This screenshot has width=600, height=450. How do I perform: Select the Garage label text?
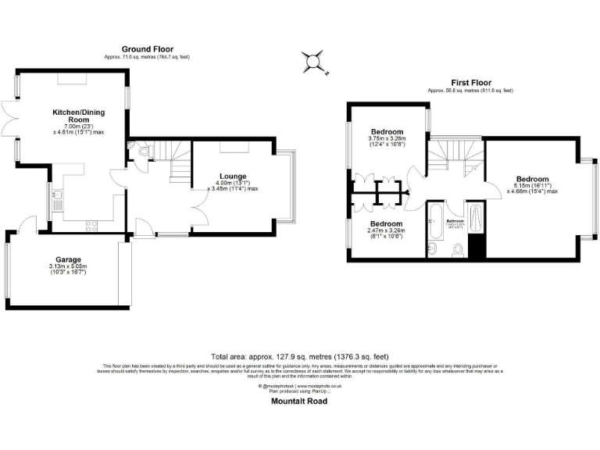[68, 259]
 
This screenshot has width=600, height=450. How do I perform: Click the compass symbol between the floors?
[315, 61]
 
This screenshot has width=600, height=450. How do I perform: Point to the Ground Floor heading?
[147, 48]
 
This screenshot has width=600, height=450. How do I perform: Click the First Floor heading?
[470, 82]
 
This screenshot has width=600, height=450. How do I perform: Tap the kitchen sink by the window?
[58, 196]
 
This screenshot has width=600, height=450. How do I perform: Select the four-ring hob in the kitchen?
[89, 226]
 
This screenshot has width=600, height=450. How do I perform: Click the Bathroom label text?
[455, 221]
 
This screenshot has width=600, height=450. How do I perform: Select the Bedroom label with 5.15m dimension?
[532, 179]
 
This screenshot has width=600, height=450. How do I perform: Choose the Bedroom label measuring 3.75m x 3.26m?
[387, 131]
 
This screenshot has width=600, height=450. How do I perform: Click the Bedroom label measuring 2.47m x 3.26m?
[387, 223]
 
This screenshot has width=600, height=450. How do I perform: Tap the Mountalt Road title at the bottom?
[299, 401]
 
